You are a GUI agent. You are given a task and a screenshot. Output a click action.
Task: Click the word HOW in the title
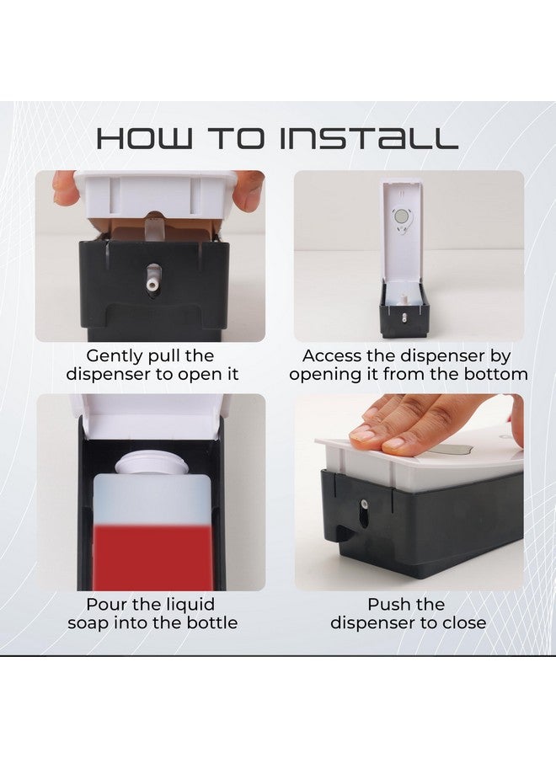[x=145, y=138]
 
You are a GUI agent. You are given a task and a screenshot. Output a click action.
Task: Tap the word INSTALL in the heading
[x=369, y=138]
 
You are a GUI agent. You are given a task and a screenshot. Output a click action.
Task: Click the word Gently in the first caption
[x=115, y=357]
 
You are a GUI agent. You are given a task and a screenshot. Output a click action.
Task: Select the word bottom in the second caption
[x=495, y=374]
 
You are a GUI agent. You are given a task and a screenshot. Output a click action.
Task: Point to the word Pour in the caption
[x=106, y=604]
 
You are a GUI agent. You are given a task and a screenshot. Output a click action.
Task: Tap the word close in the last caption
[x=463, y=622]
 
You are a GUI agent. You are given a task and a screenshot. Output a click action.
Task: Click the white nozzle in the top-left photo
[x=153, y=278]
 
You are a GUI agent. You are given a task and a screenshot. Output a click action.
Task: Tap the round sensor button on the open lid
[x=401, y=217]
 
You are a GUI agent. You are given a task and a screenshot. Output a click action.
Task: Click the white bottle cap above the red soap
[x=151, y=462]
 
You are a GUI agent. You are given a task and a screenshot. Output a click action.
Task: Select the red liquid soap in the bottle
[x=152, y=558]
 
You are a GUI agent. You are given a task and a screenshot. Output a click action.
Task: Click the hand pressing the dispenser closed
[x=425, y=423]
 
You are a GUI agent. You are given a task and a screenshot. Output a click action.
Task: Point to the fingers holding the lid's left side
[x=65, y=188]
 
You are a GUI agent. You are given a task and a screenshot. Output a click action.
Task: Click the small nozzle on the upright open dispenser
[x=404, y=318]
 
